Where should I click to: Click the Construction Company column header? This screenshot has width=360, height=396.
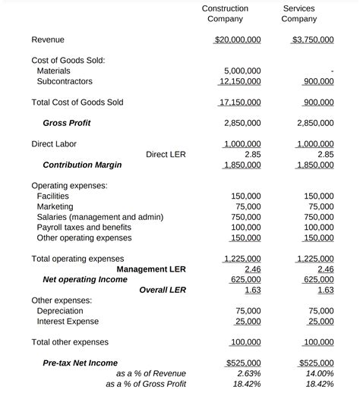point(225,14)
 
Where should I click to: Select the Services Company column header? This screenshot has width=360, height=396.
point(298,14)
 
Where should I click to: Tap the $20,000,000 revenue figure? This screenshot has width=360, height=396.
point(238,39)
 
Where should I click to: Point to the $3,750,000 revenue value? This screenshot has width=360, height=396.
point(312,39)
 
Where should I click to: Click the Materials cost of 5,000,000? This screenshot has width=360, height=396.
point(243,71)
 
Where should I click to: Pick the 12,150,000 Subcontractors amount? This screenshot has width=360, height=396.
point(240,81)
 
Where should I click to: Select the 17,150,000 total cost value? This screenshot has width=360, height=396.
point(240,102)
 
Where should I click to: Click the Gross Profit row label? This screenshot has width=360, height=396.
point(67,123)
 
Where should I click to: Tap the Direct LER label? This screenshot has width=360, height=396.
point(166,154)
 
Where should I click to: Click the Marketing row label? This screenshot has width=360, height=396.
point(55,206)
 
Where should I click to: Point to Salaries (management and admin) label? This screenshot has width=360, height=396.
point(99,217)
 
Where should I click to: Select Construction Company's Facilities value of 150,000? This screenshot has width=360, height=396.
point(245,196)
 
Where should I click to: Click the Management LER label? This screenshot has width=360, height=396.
point(151,269)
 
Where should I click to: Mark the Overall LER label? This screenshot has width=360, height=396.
point(163,290)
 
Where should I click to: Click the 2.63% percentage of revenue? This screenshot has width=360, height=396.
point(248,373)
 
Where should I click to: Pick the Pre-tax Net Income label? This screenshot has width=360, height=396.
point(80,363)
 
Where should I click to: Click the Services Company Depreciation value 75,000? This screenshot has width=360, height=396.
point(321,311)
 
